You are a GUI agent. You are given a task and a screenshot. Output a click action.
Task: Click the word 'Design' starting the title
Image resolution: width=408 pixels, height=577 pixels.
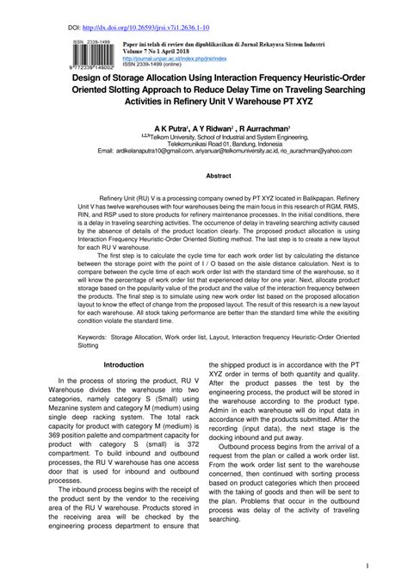click(89, 76)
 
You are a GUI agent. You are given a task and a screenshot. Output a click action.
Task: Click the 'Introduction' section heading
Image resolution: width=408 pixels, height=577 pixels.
click(124, 364)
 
